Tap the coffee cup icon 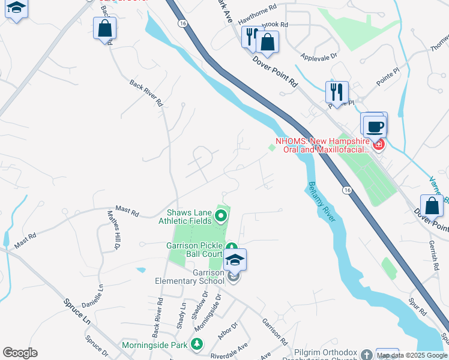point(375,127)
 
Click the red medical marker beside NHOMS point(378,144)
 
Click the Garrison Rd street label point(274,331)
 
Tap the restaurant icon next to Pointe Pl point(337,92)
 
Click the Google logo point(20,353)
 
